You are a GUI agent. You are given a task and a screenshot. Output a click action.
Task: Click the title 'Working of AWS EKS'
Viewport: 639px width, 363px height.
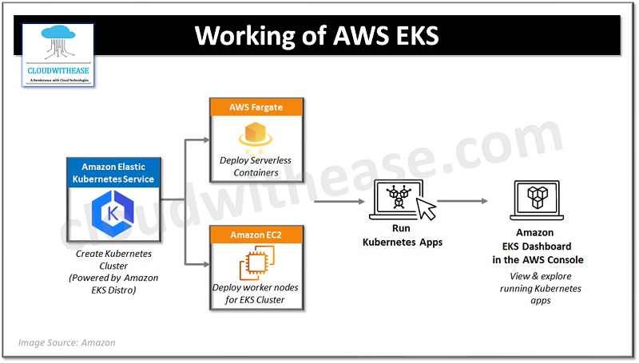pyautogui.click(x=317, y=36)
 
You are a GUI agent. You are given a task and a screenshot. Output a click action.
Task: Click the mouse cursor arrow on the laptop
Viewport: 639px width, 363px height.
pyautogui.click(x=427, y=209)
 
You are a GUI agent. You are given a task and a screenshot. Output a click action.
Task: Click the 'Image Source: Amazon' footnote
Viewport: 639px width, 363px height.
pyautogui.click(x=67, y=342)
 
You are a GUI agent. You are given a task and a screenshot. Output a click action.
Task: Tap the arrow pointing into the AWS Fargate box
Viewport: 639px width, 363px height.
pyautogui.click(x=196, y=141)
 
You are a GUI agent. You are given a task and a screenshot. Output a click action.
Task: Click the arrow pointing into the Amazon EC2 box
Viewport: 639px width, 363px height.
pyautogui.click(x=196, y=263)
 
